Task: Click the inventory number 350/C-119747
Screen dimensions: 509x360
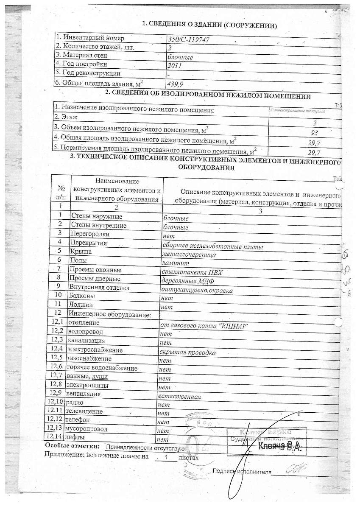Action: [189, 39]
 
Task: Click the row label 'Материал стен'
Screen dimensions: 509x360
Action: [82, 55]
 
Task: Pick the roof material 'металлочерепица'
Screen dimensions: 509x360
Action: [189, 255]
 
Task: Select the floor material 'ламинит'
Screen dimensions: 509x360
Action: [175, 264]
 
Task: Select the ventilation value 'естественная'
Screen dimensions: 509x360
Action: [179, 397]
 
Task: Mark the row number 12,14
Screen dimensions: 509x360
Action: [55, 436]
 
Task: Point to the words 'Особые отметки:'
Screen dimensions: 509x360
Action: [73, 446]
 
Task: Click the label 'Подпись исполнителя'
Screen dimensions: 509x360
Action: [242, 471]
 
